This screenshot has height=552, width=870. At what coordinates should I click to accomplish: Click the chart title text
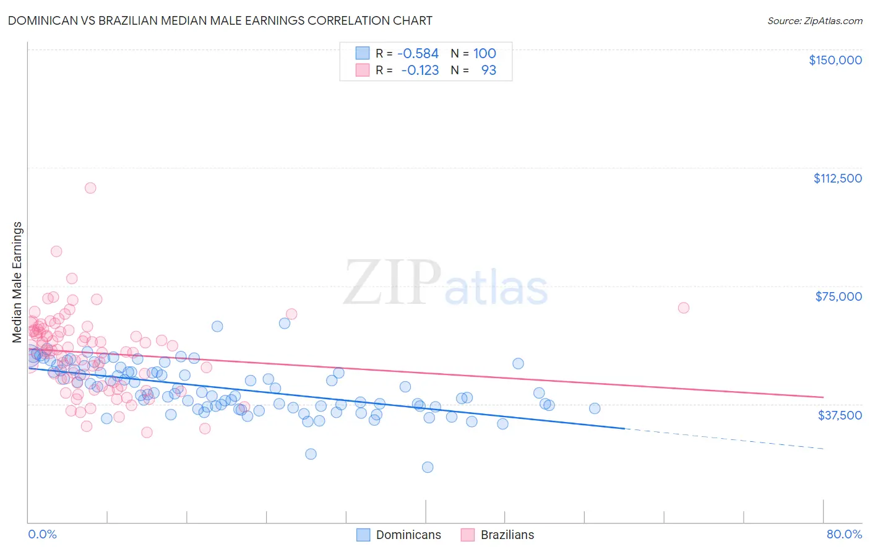pos(220,20)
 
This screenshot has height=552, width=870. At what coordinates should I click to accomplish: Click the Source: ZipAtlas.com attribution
pos(814,20)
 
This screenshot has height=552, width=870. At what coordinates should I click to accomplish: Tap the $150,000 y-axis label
pos(835,60)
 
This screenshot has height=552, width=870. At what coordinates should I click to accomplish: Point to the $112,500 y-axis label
pos(837,178)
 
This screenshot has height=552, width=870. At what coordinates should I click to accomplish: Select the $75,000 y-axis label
pos(838,296)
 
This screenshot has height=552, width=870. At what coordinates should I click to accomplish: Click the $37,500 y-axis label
pos(839,415)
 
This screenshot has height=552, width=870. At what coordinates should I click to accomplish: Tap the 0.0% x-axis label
pos(42,534)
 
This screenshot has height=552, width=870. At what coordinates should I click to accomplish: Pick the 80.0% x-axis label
pos(844,534)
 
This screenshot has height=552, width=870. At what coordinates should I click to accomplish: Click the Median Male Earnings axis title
pos(17,282)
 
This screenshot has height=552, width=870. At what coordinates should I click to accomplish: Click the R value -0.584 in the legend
pos(418,54)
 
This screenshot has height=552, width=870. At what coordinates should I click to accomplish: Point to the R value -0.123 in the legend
pos(420,70)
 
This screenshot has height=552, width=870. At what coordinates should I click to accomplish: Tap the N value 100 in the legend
pos(485,54)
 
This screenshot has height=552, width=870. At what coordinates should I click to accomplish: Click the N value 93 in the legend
pos(488,70)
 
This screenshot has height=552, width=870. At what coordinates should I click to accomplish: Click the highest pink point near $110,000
pos(90,188)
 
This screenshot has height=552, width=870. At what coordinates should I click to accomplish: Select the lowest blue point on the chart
pos(428,467)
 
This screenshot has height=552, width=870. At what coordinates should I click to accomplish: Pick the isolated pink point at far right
pos(684,308)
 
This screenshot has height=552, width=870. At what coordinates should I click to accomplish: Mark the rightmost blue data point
pos(595,408)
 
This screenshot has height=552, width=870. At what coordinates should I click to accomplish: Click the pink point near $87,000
pos(56,251)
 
